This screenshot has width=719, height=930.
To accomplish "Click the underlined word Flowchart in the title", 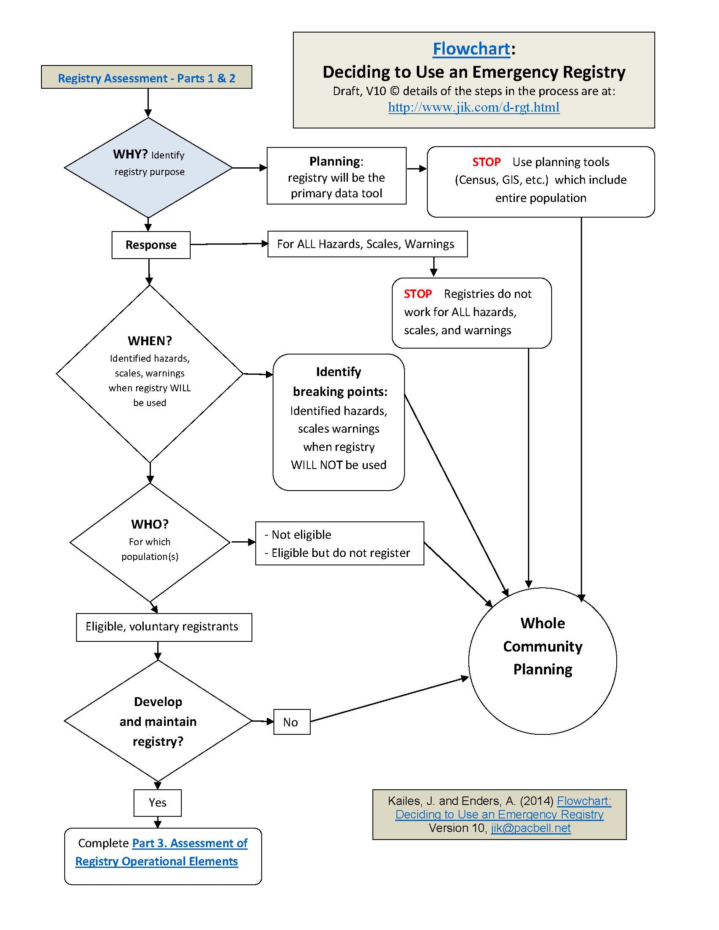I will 471,49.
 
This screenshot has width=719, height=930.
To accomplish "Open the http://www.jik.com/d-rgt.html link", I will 474,107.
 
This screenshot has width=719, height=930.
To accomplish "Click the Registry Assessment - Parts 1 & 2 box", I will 147,77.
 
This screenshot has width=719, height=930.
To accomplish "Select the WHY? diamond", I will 148,167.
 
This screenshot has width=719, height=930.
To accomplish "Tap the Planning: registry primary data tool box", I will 336,176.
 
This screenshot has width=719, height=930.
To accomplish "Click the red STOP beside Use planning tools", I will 486,162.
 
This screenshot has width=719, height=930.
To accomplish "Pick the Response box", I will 151,245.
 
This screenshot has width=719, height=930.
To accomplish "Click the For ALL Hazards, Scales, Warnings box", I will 367,244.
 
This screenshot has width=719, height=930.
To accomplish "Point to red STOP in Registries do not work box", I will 418,294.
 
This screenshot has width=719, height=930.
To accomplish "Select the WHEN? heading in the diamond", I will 150,341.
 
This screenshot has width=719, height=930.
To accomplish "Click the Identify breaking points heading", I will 339,382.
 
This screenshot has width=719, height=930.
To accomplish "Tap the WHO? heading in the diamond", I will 150,524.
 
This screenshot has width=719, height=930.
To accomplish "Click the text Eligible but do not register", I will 340,553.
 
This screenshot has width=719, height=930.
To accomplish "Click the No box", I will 291,722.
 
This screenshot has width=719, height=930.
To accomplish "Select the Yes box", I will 158,803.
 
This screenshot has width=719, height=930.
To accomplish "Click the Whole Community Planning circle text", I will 542,646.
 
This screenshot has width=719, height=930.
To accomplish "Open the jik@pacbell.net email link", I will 530,828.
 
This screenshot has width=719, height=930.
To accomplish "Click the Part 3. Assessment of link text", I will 189,843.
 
